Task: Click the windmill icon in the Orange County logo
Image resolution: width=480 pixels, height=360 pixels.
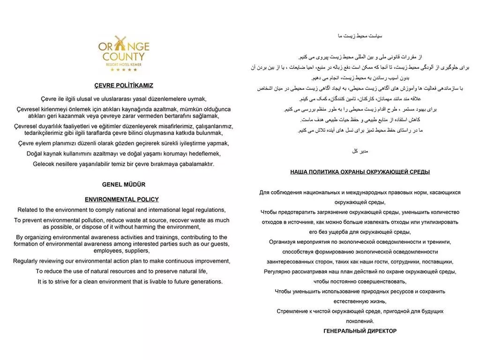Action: pyautogui.click(x=117, y=44)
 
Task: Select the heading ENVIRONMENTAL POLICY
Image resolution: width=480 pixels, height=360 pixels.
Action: pyautogui.click(x=122, y=199)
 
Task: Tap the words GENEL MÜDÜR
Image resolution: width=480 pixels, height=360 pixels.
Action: pyautogui.click(x=124, y=185)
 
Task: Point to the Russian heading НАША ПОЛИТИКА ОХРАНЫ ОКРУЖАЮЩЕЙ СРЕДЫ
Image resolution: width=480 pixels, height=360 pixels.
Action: pyautogui.click(x=360, y=172)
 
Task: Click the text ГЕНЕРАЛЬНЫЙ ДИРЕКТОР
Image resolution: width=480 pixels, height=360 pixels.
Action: pyautogui.click(x=360, y=331)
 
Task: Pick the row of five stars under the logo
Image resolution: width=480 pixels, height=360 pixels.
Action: pyautogui.click(x=124, y=70)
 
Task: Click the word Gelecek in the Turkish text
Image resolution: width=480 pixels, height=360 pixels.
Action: pyautogui.click(x=44, y=164)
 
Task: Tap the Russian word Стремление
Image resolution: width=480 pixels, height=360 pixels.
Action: pyautogui.click(x=293, y=311)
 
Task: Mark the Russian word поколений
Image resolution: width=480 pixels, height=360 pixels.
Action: pyautogui.click(x=360, y=321)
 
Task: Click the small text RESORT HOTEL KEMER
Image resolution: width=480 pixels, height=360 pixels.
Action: pyautogui.click(x=124, y=64)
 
